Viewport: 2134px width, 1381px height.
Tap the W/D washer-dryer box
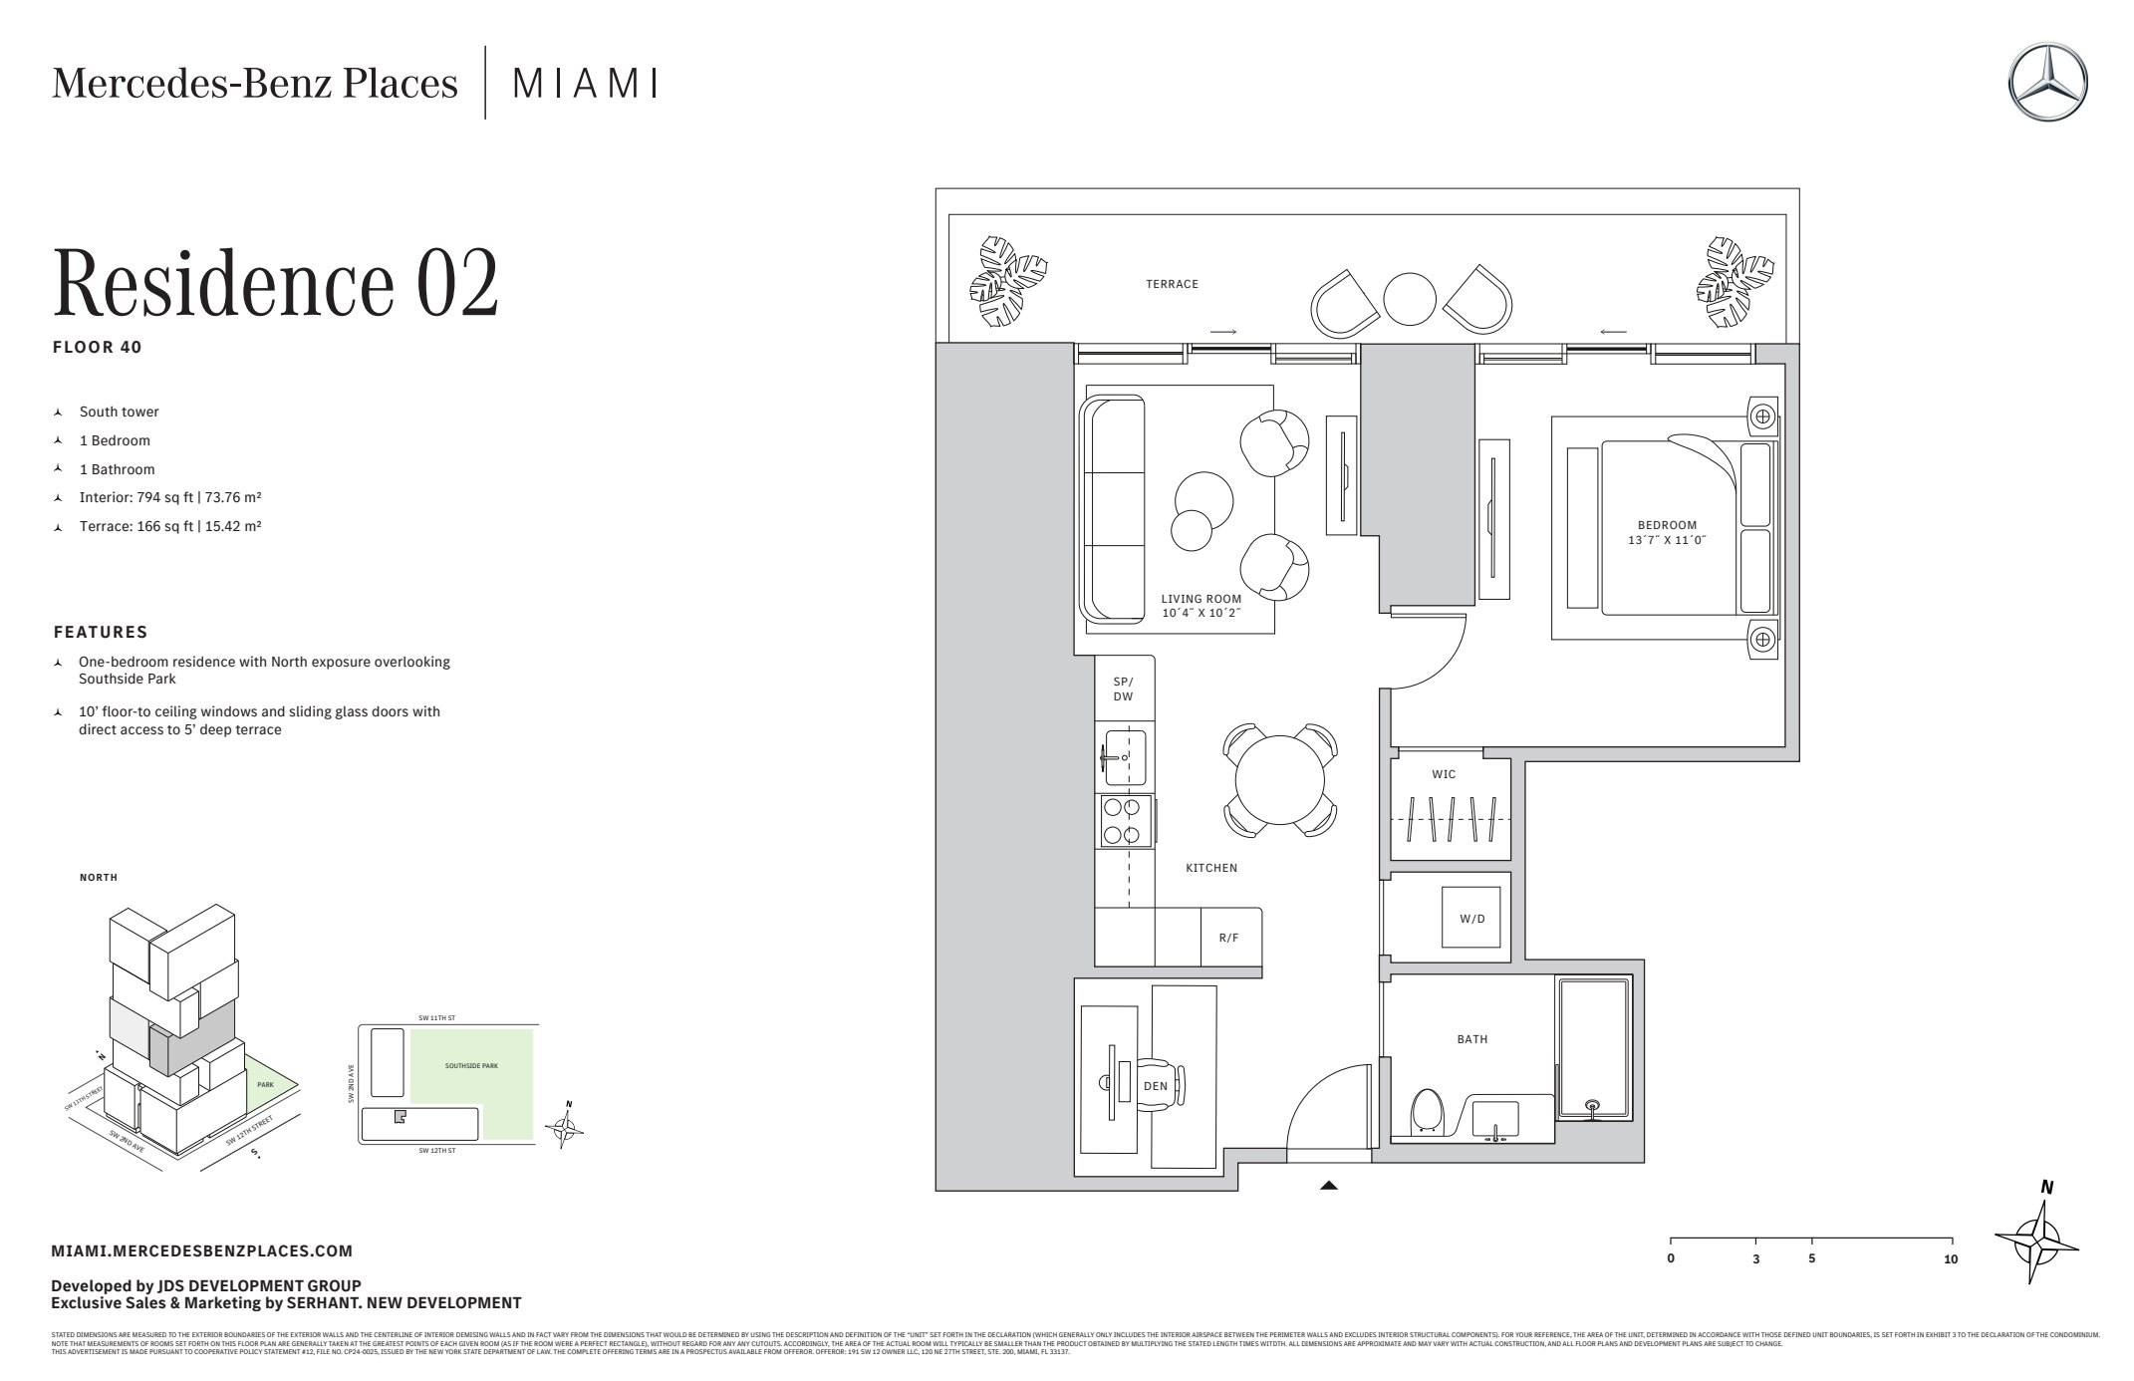pos(1471,918)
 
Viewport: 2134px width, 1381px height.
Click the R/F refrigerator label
pos(1228,938)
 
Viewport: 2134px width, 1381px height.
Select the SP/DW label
pos(1123,690)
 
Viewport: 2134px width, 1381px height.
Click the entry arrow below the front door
pos(1328,1186)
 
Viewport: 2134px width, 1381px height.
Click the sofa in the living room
pos(1114,509)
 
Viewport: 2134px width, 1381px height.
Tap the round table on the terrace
pos(1410,298)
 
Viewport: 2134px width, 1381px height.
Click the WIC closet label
pos(1444,774)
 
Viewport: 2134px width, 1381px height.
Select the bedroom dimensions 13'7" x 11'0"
pos(1667,540)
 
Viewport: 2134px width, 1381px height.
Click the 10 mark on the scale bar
pos(1950,1258)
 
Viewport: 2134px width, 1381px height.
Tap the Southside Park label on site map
pos(471,1065)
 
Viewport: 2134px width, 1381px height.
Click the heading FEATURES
pos(101,632)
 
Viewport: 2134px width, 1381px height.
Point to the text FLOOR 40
pos(97,348)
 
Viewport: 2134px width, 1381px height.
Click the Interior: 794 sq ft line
pos(169,497)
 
